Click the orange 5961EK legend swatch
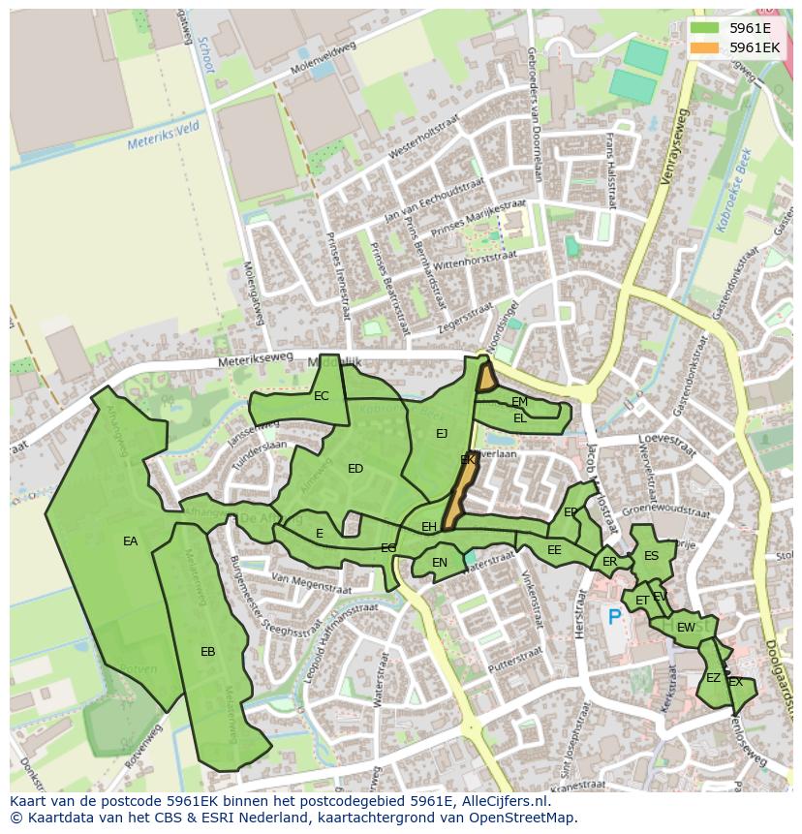[x=705, y=47]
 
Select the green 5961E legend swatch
[x=705, y=27]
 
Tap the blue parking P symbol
[x=613, y=616]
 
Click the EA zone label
[x=130, y=541]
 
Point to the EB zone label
[x=207, y=652]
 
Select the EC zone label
[x=322, y=395]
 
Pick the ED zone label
[x=355, y=469]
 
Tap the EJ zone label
[x=442, y=433]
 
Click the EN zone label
[x=440, y=562]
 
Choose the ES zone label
[x=651, y=556]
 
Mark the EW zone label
[x=686, y=628]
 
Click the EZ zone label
[x=713, y=678]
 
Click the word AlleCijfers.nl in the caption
[x=501, y=801]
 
